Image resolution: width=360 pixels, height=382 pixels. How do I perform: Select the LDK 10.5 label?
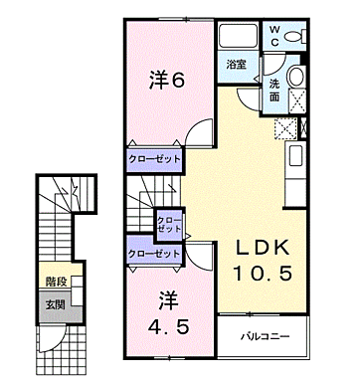(x=263, y=261)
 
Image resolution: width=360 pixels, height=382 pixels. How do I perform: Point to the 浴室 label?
(x=235, y=65)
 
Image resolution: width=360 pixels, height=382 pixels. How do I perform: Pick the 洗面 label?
(x=274, y=92)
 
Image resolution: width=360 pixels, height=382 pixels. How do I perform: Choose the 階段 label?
(x=55, y=284)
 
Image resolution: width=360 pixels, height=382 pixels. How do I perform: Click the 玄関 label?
(x=55, y=303)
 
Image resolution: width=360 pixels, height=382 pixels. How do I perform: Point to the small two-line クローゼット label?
(x=168, y=224)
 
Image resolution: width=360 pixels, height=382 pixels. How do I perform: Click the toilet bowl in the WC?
(x=294, y=38)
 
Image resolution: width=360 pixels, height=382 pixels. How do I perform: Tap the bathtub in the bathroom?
(x=237, y=37)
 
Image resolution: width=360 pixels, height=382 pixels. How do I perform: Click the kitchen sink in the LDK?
(x=296, y=156)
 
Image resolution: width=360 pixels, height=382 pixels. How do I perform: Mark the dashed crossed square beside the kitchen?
(x=284, y=126)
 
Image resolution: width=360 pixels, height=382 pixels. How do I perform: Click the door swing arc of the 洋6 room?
(x=201, y=130)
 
